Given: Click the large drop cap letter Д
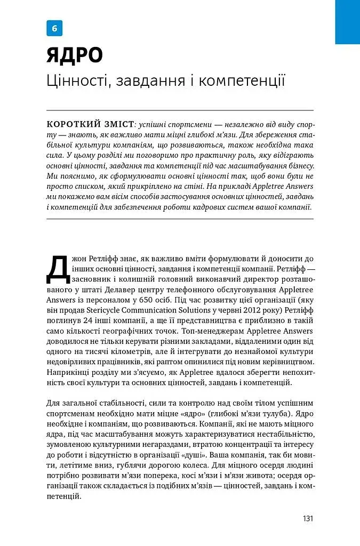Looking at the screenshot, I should (58, 268).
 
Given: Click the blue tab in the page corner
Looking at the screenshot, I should (347, 22).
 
